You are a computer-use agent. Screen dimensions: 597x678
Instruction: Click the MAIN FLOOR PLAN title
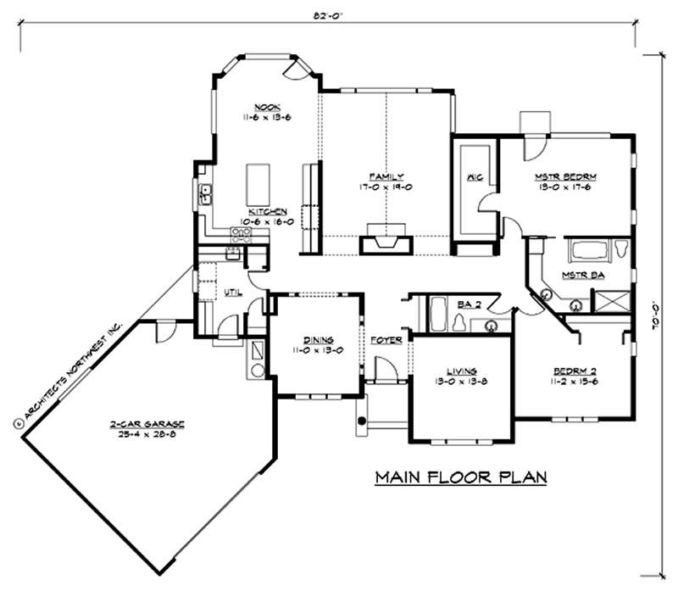461,477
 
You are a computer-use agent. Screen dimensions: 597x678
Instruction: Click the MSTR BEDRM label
565,176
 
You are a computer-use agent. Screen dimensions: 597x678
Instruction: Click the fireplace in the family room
386,244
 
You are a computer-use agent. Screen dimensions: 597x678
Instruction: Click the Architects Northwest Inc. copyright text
68,370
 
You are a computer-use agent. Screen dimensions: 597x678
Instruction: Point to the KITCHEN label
267,212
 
